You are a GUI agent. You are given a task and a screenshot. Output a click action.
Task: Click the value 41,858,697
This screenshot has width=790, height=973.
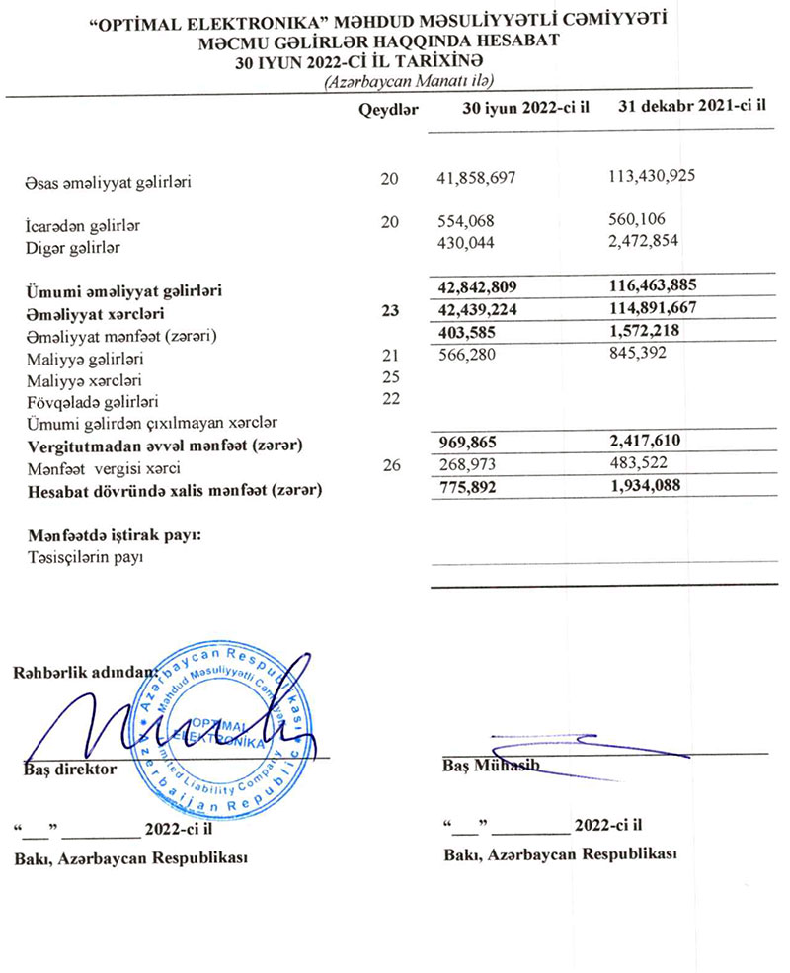(477, 179)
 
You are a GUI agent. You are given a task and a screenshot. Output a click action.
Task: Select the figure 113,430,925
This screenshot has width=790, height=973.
(655, 177)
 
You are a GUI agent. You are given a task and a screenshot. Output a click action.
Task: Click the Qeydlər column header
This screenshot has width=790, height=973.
(391, 109)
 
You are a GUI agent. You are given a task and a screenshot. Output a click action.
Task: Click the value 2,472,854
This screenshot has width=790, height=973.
(647, 242)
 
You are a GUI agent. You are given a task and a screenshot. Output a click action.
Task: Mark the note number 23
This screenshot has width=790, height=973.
(390, 311)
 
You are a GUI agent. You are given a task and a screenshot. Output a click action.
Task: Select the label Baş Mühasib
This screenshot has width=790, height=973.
(489, 768)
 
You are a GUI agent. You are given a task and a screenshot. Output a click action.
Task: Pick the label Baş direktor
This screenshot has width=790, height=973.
(70, 768)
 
